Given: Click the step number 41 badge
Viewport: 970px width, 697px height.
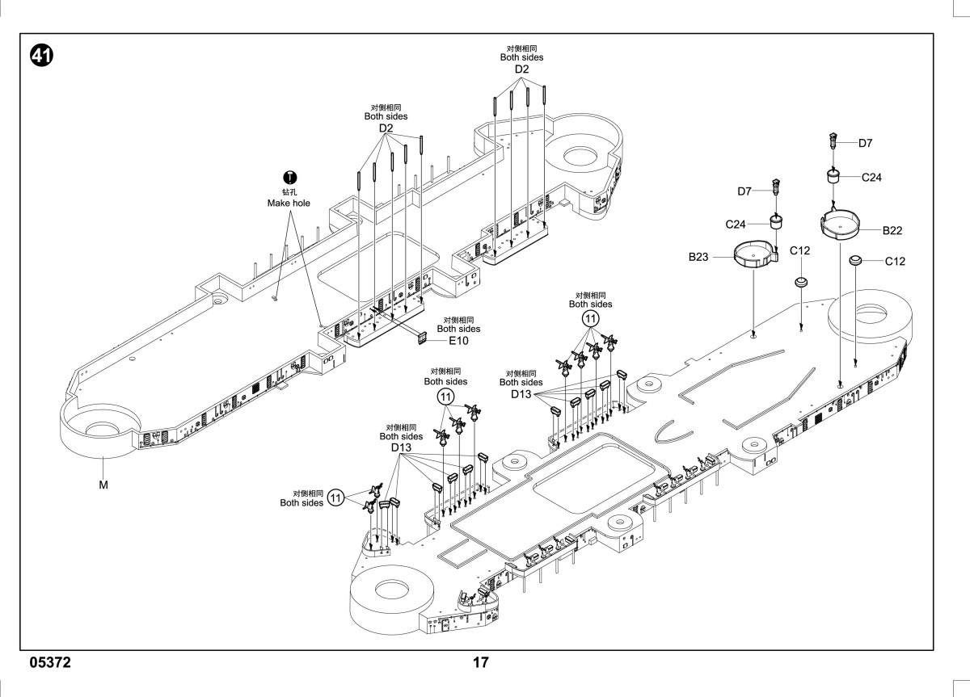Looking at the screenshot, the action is [x=41, y=56].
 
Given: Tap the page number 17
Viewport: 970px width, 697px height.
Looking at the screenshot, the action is [x=481, y=662].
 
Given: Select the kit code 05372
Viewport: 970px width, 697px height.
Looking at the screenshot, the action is [x=50, y=662].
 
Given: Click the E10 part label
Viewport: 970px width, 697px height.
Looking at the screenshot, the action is [x=458, y=341].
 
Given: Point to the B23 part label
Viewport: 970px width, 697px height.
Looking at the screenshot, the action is [x=698, y=257].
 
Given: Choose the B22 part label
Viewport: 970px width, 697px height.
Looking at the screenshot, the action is [x=892, y=231].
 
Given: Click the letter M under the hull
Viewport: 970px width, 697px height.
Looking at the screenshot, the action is [x=103, y=485].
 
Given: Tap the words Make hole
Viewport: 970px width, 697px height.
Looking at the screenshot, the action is [x=289, y=203].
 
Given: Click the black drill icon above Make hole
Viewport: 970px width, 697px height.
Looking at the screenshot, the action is [x=289, y=178].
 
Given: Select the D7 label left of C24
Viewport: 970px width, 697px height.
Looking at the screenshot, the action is [x=744, y=191].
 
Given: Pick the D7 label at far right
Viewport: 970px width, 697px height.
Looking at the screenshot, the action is [x=865, y=143].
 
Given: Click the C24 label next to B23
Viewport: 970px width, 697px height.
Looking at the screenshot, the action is [x=736, y=224].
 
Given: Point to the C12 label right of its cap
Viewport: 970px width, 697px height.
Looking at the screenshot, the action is [x=895, y=262].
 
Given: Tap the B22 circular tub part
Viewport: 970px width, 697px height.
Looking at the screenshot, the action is [x=840, y=224].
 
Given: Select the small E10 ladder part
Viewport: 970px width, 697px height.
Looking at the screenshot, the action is [x=422, y=338].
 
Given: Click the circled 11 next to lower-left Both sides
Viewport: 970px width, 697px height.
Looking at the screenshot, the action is [x=335, y=498].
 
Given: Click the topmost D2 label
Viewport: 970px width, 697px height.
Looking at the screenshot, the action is [x=521, y=69].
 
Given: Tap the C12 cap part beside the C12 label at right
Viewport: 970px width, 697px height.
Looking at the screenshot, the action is [x=855, y=260].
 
